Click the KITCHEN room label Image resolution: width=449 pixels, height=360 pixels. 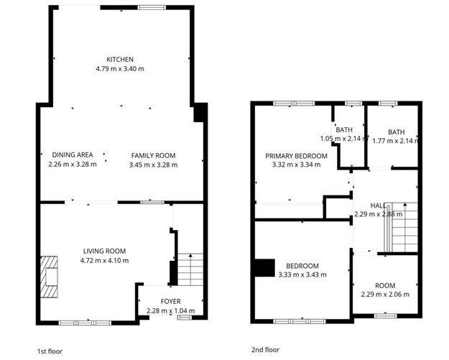(x=120, y=59)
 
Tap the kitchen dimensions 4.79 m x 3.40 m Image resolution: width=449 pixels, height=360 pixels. (x=120, y=68)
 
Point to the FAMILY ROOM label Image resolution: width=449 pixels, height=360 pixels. (x=152, y=155)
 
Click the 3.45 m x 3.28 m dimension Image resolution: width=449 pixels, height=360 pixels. (x=152, y=165)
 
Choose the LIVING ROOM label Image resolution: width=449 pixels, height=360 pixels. (x=104, y=251)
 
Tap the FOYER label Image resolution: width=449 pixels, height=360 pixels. (x=170, y=302)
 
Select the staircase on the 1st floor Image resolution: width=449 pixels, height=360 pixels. (x=190, y=269)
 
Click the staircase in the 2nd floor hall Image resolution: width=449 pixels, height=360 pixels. (x=403, y=228)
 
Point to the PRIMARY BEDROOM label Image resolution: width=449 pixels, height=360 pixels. (x=296, y=156)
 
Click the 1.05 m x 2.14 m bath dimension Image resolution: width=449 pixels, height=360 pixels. (x=344, y=139)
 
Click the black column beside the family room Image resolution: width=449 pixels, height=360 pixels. (x=200, y=113)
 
